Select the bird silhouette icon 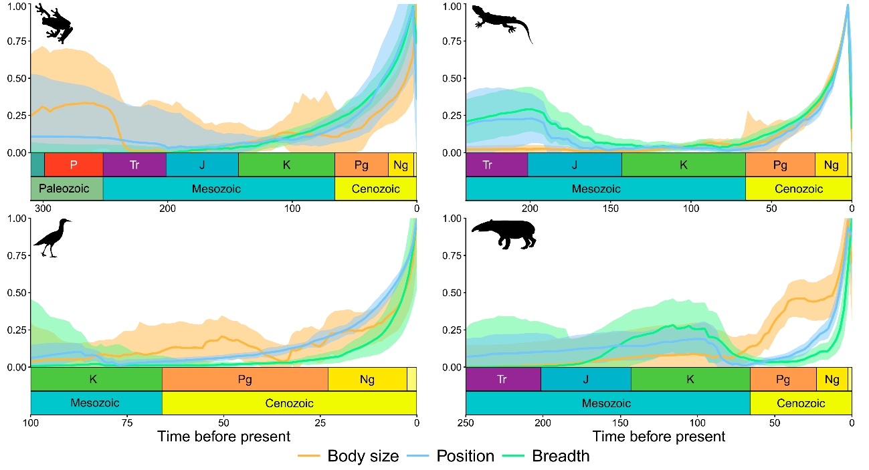click(x=52, y=238)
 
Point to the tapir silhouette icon click(x=504, y=235)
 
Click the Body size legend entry click(x=349, y=457)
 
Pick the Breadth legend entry click(x=550, y=457)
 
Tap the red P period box click(x=74, y=164)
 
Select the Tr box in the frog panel click(x=134, y=164)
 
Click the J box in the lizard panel click(x=575, y=164)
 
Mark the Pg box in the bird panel click(x=245, y=379)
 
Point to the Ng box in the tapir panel click(x=832, y=379)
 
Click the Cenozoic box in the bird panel click(x=289, y=403)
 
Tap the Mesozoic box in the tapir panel click(x=607, y=403)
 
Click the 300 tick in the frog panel click(x=44, y=208)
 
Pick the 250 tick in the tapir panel click(x=466, y=423)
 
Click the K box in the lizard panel click(x=683, y=164)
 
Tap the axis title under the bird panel click(x=223, y=437)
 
